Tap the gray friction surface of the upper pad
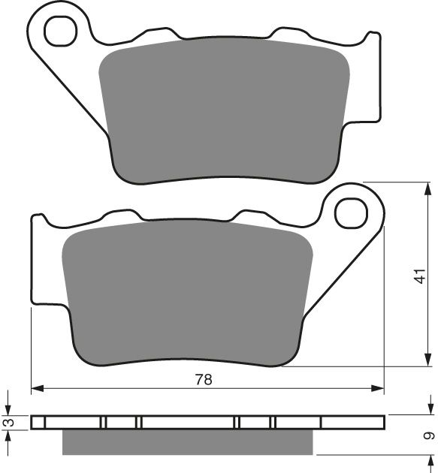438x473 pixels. coord(225,113)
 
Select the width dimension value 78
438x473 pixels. coord(204,379)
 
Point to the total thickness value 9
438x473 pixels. coord(428,435)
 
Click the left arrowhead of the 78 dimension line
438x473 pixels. coord(36,390)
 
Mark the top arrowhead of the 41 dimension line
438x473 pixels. coord(418,185)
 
